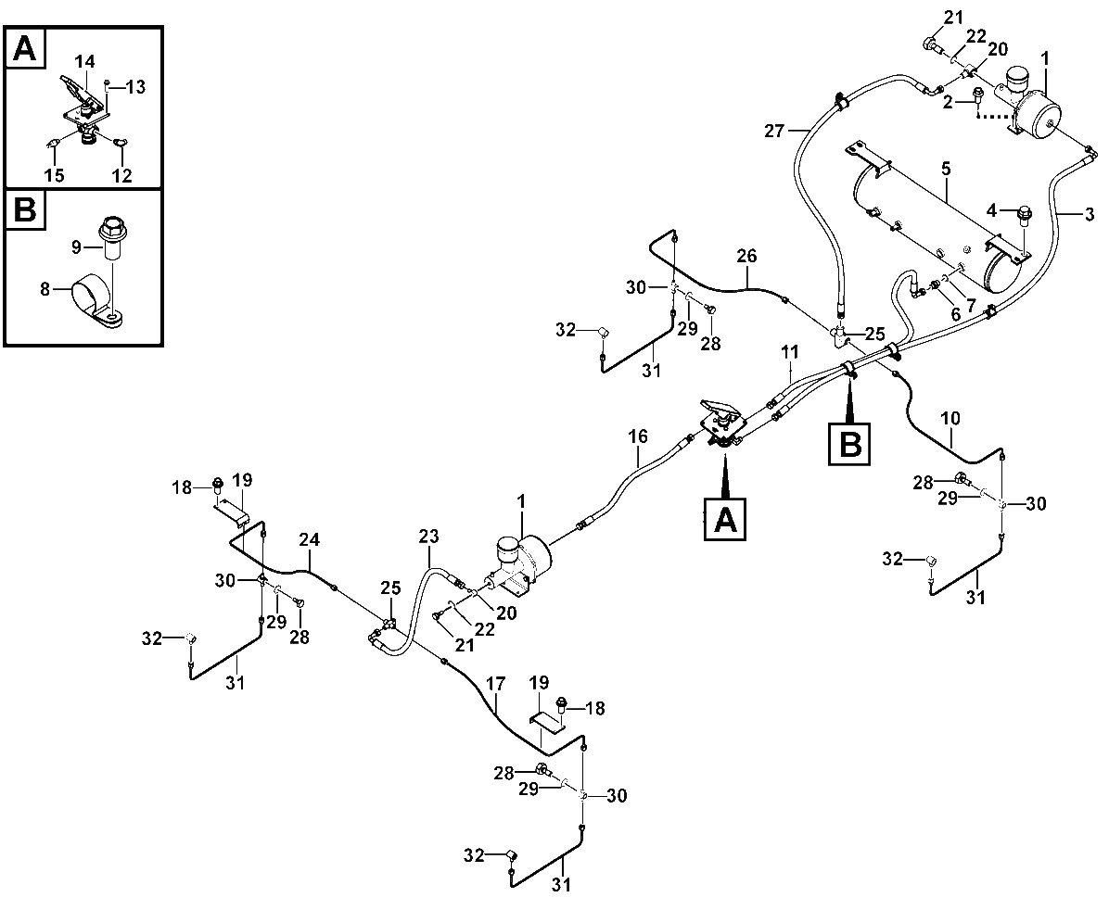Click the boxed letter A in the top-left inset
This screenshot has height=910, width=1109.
(25, 49)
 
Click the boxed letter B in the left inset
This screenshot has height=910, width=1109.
(25, 210)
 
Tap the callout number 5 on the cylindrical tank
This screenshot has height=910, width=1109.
(946, 169)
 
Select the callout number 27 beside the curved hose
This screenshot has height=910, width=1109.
(775, 131)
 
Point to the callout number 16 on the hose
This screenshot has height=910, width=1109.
(638, 436)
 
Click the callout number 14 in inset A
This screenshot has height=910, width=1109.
(85, 61)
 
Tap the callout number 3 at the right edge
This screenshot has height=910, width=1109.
(1090, 213)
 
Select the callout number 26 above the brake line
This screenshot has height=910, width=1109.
(746, 255)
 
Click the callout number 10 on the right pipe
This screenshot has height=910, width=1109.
(950, 418)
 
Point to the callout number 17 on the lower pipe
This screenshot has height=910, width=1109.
(496, 684)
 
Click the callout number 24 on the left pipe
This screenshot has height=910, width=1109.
(309, 539)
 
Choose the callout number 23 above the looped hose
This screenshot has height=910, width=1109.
(428, 536)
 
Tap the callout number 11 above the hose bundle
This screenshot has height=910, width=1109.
(790, 351)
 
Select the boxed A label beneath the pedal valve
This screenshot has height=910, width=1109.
(725, 521)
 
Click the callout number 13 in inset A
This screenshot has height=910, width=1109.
(135, 87)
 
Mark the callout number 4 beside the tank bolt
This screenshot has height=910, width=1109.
(992, 210)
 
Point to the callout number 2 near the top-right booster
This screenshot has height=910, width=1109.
(948, 103)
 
